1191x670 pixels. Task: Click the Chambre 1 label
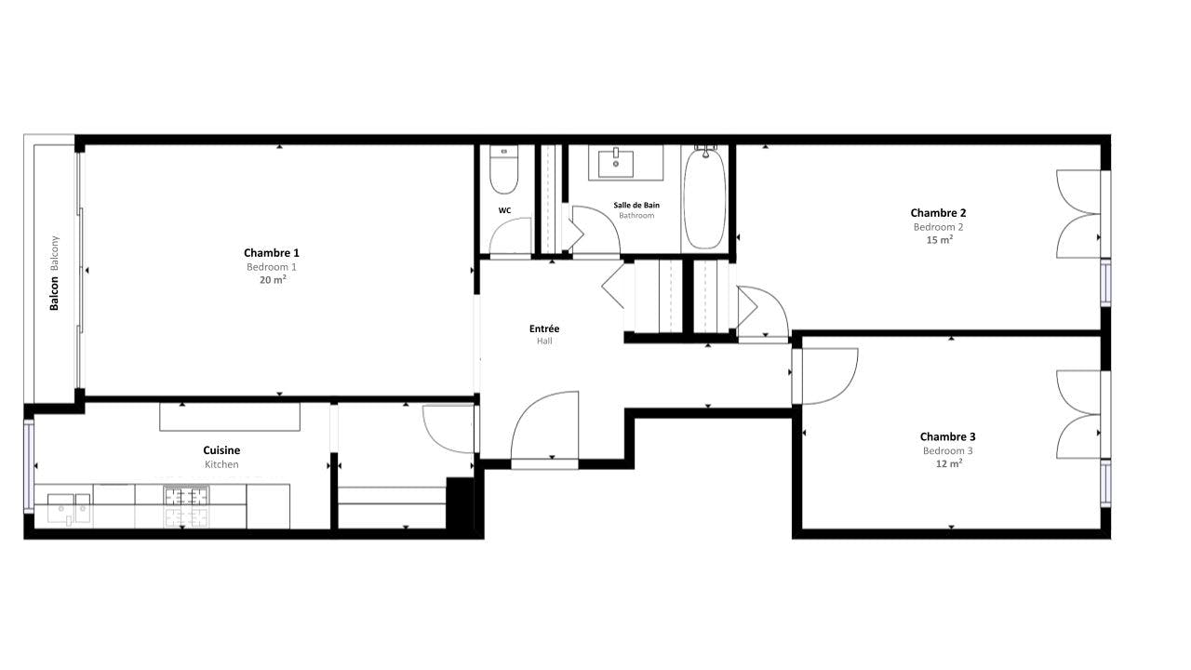tap(271, 253)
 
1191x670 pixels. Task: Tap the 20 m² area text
tap(273, 280)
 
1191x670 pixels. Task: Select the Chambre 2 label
tap(938, 213)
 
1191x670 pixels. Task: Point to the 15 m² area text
tap(939, 240)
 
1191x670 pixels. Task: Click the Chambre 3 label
tap(947, 437)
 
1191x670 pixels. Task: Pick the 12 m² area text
tap(948, 463)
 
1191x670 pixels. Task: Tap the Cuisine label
tap(221, 450)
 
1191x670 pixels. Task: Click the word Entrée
tap(544, 328)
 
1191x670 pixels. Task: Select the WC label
tap(504, 210)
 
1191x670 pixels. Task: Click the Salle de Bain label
tap(636, 206)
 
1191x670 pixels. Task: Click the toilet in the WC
tap(503, 169)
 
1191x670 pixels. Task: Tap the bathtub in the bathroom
tap(704, 198)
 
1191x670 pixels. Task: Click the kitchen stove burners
tap(186, 506)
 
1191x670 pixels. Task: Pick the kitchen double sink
tap(69, 509)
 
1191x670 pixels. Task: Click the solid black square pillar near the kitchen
tap(460, 503)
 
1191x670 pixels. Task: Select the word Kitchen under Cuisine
tap(221, 464)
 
